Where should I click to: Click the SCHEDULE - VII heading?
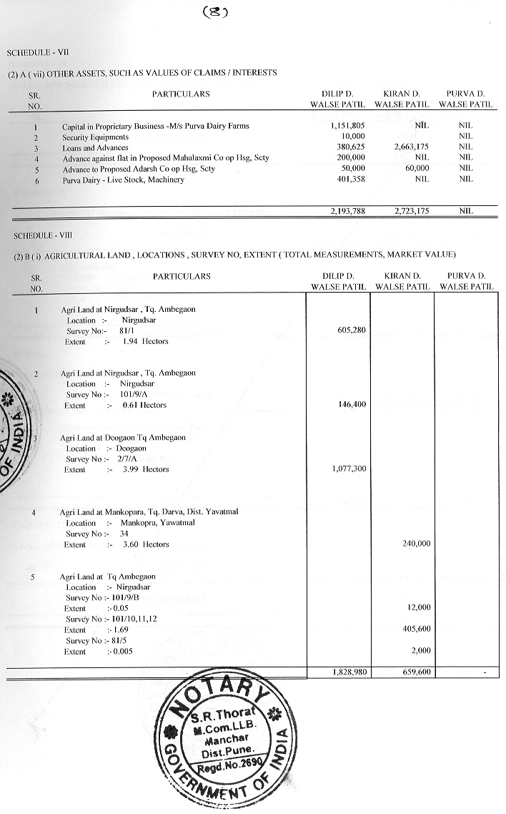pos(39,53)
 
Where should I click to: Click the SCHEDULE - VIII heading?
pos(40,235)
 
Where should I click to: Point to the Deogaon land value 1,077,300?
pos(348,469)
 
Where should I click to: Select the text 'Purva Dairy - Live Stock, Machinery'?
pos(123,180)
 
